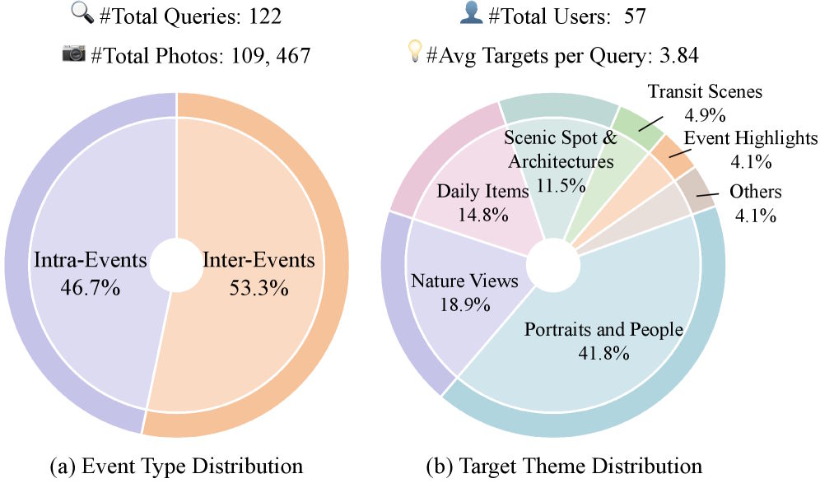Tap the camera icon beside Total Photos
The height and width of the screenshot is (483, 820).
74,53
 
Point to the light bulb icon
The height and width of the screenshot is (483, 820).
416,53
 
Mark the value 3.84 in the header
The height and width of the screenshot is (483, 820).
676,54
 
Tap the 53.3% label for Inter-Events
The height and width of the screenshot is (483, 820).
259,289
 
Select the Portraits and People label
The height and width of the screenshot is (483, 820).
604,330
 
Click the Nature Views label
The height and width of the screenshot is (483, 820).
464,281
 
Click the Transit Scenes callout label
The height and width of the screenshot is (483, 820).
705,91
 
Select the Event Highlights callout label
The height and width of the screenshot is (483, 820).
751,137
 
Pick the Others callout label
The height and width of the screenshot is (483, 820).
755,192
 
